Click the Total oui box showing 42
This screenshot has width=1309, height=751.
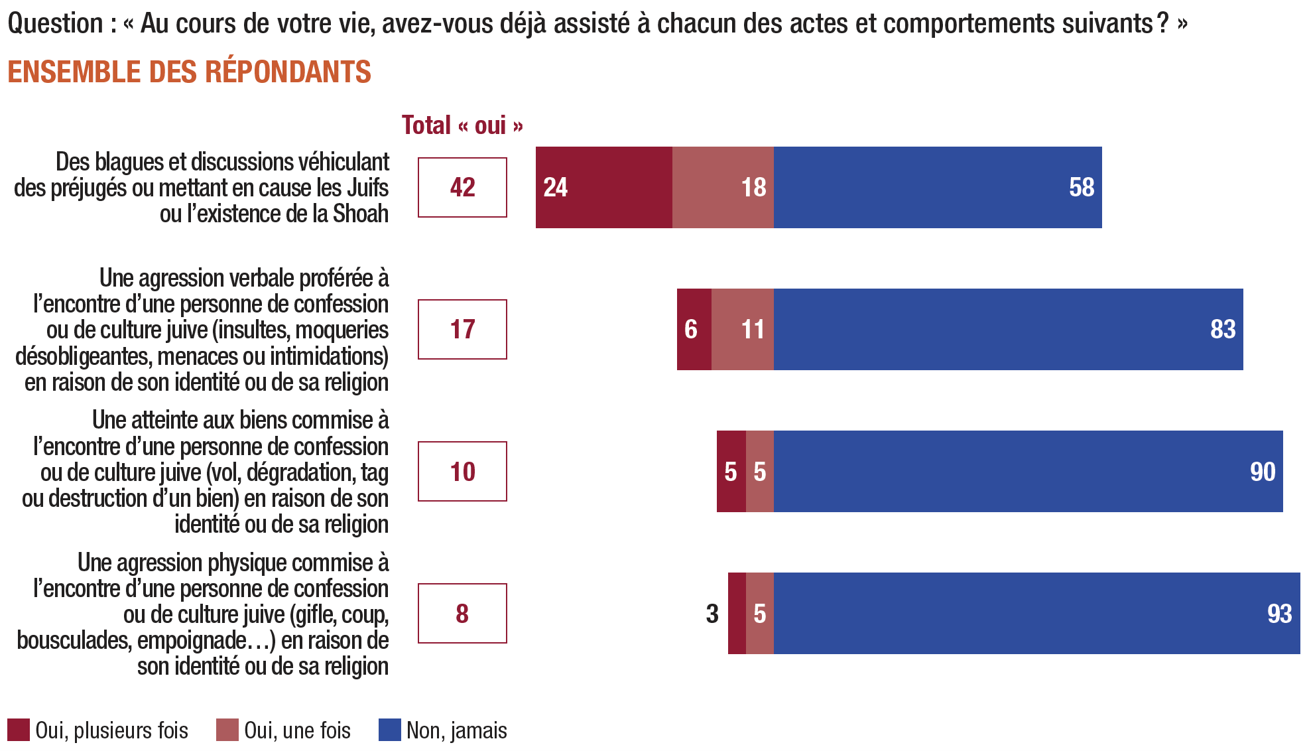click(x=462, y=187)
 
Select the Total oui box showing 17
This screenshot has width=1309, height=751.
click(x=462, y=329)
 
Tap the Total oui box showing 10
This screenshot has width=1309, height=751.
click(x=462, y=471)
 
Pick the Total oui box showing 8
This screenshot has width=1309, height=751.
click(x=462, y=613)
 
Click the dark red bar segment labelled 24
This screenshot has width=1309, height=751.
click(x=603, y=187)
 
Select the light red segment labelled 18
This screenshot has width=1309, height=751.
click(x=723, y=187)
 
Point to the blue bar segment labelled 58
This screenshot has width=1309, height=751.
click(x=938, y=187)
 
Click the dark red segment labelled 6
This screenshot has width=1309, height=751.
click(x=694, y=329)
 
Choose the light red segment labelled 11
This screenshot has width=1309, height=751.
click(x=743, y=329)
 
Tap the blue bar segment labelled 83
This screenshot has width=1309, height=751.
click(x=1008, y=329)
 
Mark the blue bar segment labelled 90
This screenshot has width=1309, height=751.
click(x=1028, y=471)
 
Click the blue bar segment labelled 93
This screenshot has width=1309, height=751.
click(x=1036, y=613)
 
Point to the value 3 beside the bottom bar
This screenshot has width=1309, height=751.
click(x=712, y=614)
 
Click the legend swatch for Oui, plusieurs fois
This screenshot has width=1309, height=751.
click(x=19, y=730)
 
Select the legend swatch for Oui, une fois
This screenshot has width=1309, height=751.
click(x=227, y=730)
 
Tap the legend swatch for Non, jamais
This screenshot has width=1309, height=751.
click(x=389, y=730)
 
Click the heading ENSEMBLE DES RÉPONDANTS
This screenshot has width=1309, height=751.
click(x=189, y=72)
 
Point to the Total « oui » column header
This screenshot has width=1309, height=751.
click(x=462, y=125)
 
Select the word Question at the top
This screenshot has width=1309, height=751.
click(x=55, y=23)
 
